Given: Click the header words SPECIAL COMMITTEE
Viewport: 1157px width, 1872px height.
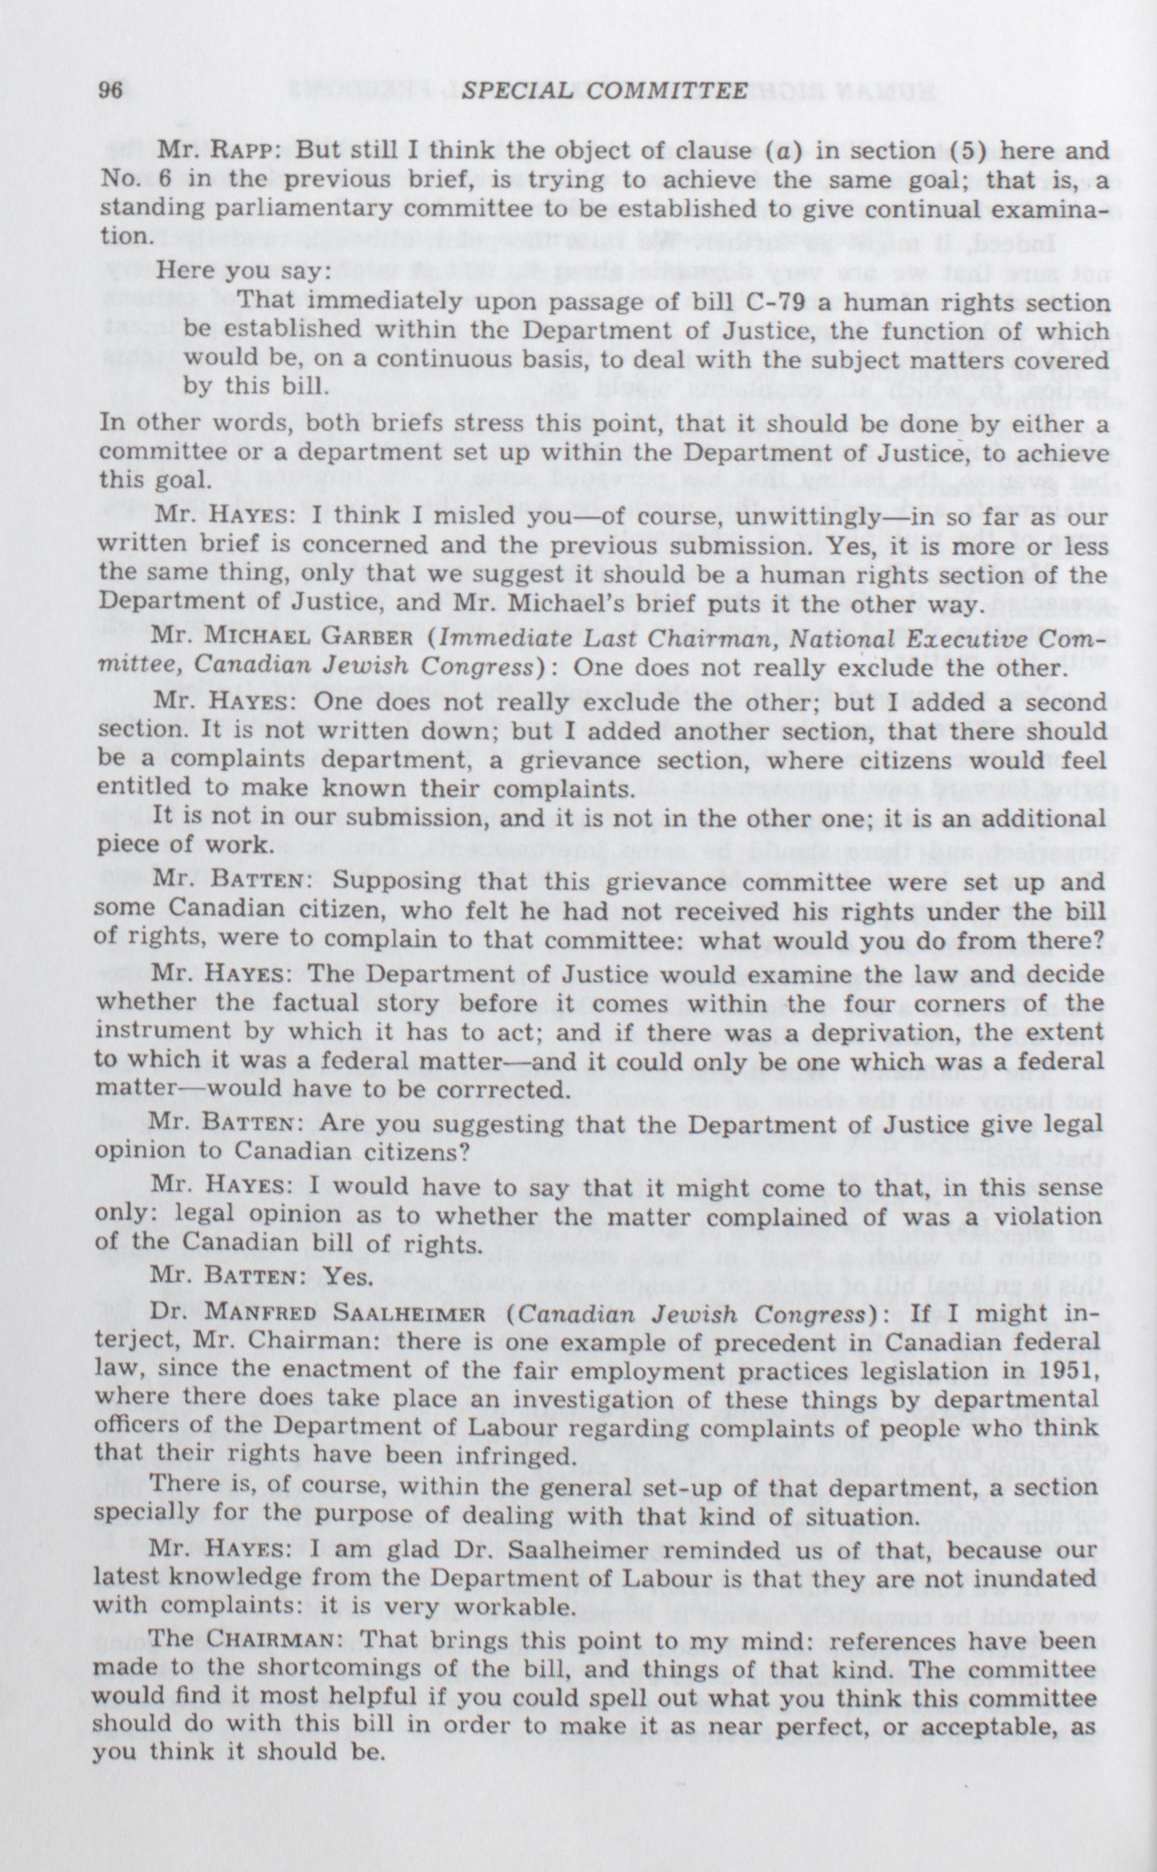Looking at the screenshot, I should [604, 91].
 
